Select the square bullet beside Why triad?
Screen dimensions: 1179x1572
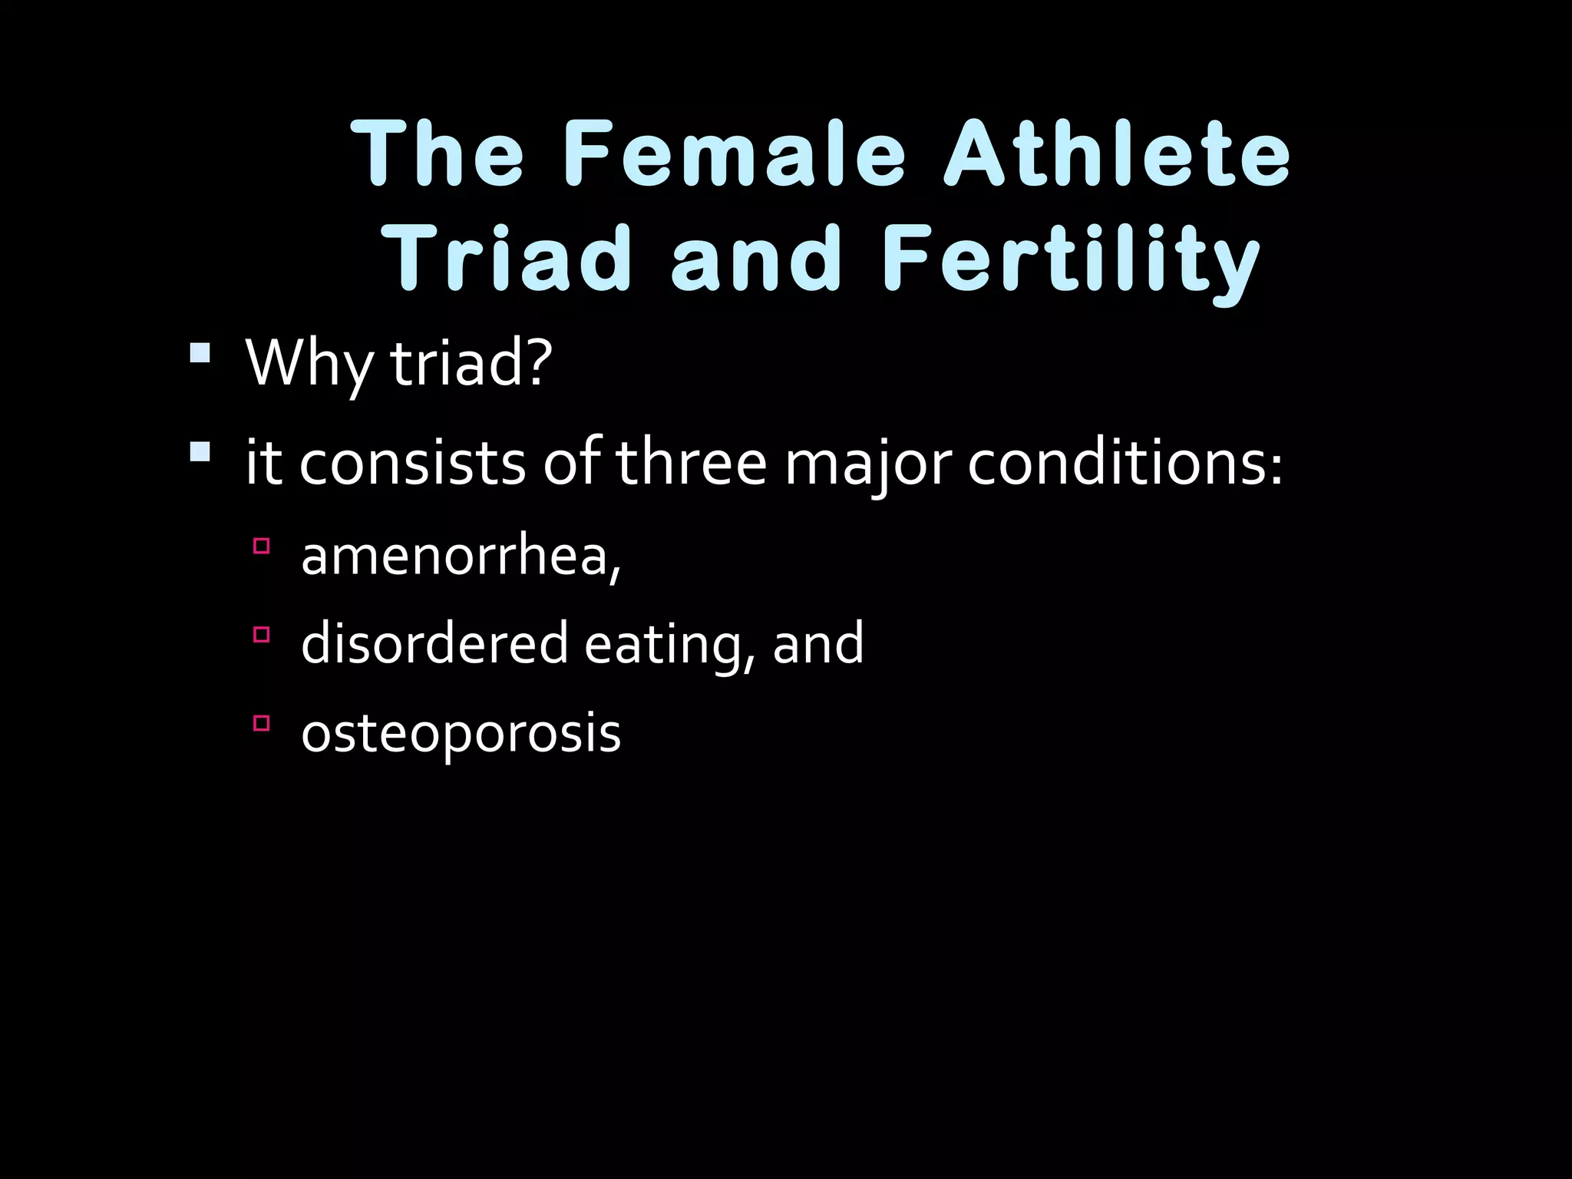[200, 352]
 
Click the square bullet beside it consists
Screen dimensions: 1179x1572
[200, 451]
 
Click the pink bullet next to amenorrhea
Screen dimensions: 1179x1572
[261, 546]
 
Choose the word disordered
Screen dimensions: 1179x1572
[434, 643]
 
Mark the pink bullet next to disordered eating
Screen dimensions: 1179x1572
[261, 634]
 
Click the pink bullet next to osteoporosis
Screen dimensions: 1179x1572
[261, 722]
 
